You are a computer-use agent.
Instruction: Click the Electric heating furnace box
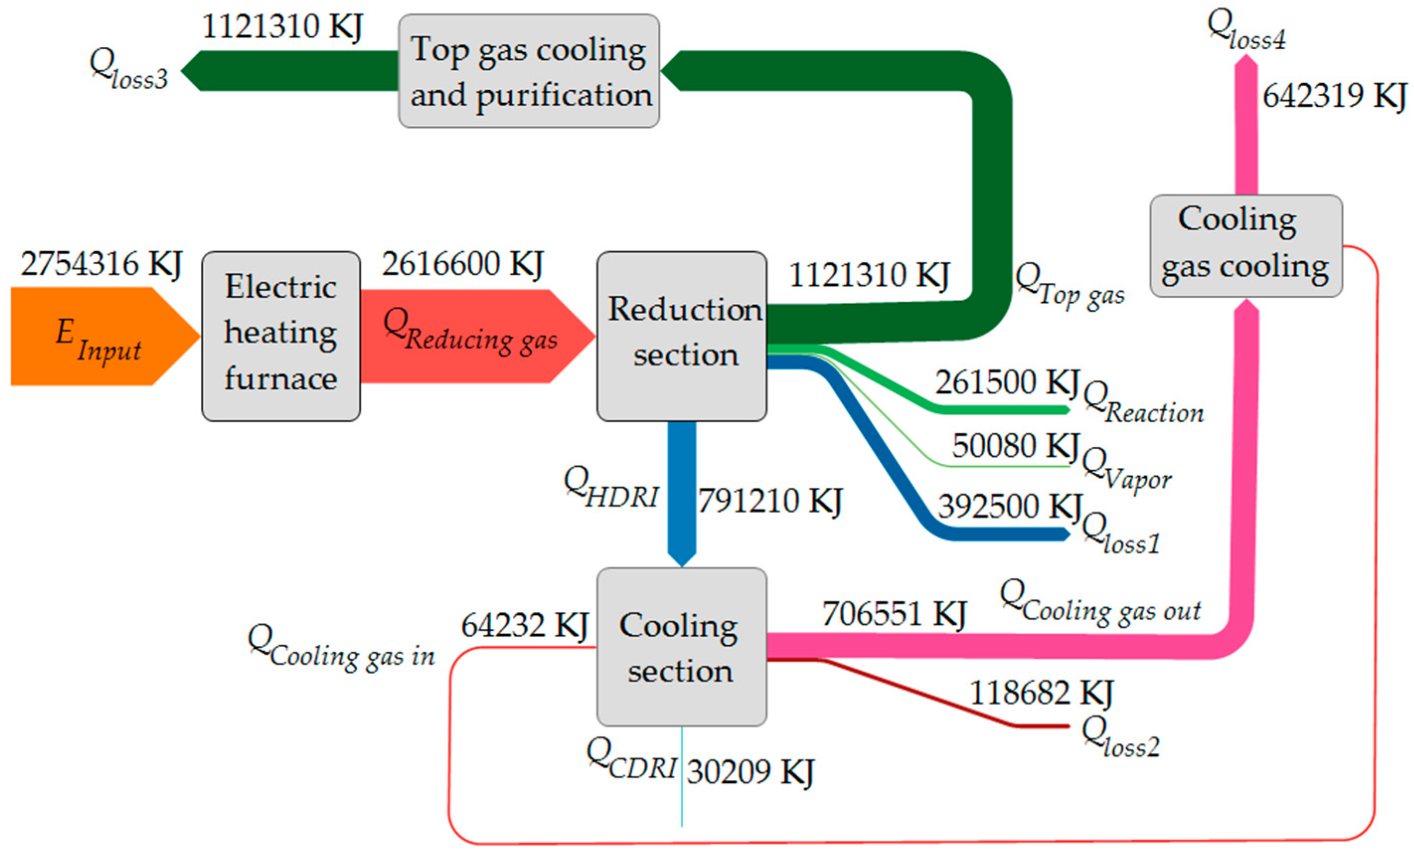[x=281, y=336]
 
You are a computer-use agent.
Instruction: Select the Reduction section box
[x=682, y=336]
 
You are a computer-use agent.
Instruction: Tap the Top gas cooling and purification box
[x=529, y=71]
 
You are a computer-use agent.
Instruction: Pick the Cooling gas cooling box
[x=1246, y=246]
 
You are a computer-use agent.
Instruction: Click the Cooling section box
[x=682, y=647]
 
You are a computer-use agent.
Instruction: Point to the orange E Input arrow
[x=97, y=337]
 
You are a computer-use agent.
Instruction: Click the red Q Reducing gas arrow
[x=471, y=337]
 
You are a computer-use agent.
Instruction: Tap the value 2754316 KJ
[x=101, y=264]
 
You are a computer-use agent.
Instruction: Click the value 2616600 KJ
[x=463, y=264]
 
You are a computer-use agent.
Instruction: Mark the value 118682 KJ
[x=1041, y=693]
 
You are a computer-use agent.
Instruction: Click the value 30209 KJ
[x=750, y=772]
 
